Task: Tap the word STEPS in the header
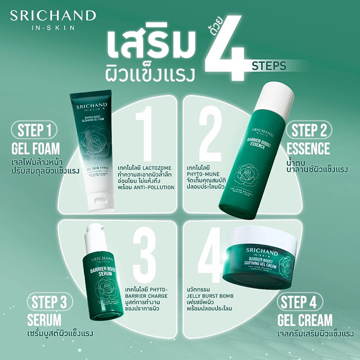point(269,65)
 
